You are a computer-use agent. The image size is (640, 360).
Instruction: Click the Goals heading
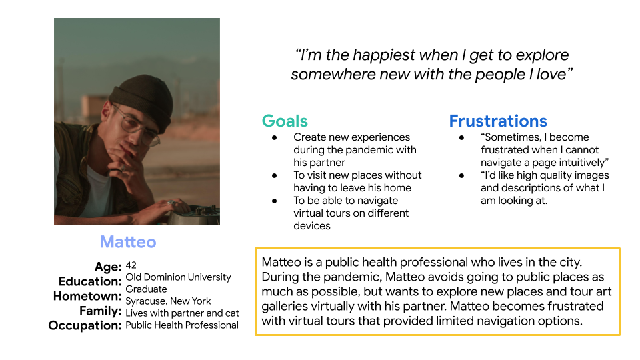[285, 121]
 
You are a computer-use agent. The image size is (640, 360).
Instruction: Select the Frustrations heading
[498, 121]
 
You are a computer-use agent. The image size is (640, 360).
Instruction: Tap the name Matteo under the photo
[128, 241]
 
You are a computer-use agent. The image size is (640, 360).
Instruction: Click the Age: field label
[108, 267]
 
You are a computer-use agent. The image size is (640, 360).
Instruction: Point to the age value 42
[131, 265]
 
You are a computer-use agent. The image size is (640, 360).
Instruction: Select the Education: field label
[90, 281]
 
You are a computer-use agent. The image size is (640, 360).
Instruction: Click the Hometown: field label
[87, 296]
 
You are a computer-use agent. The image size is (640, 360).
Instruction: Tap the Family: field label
[101, 311]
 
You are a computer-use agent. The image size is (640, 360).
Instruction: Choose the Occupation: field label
[85, 325]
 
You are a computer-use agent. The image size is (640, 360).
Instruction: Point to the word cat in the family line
[232, 313]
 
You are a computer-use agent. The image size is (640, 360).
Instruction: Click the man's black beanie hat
[141, 100]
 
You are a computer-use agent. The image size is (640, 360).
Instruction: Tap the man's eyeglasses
[136, 125]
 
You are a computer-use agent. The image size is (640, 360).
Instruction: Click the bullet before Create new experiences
[275, 137]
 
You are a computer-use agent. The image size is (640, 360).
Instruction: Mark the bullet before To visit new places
[275, 175]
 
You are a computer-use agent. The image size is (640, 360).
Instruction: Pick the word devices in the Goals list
[312, 226]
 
